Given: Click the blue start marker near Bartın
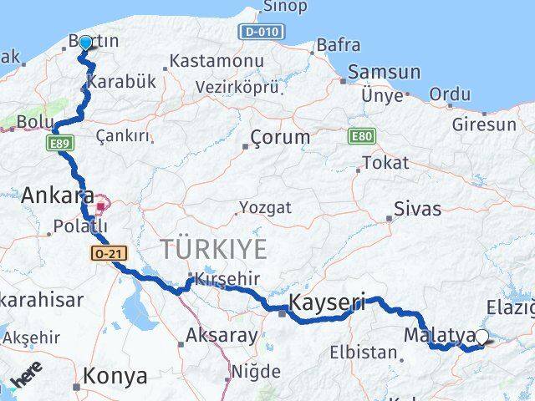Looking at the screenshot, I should tap(85, 43).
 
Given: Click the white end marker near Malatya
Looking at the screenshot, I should tap(481, 337).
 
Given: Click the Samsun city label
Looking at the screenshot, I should tap(384, 72).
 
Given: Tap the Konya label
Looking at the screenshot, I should tap(116, 376).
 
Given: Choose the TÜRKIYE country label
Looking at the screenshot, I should tap(214, 248).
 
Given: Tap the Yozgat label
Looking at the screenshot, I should tap(265, 206).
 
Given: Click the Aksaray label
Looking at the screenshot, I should tap(222, 336).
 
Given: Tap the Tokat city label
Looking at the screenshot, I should tap(385, 163).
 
